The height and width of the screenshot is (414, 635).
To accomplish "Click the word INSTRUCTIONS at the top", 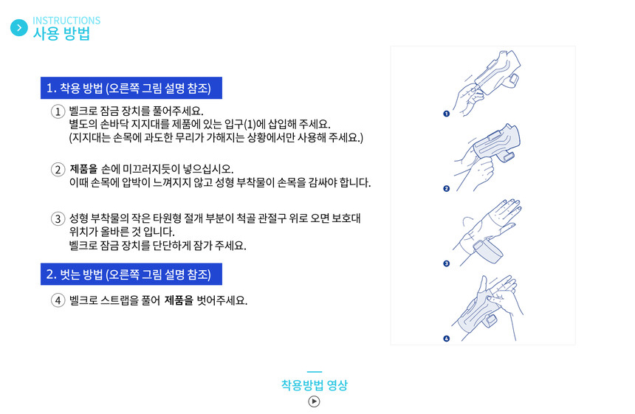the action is tap(66, 20).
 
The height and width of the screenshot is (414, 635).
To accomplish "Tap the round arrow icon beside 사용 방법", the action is tap(19, 28).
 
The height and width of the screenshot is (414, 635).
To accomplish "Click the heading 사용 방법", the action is tap(61, 34).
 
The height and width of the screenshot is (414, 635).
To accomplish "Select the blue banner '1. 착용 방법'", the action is tap(131, 88).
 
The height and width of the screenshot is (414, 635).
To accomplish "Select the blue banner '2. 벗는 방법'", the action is tap(131, 274).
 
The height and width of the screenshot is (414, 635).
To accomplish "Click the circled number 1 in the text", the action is tap(58, 111).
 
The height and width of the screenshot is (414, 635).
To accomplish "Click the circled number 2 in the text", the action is tap(58, 169).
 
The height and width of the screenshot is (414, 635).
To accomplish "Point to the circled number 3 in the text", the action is tap(58, 219).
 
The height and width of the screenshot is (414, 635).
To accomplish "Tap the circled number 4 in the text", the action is tap(58, 300).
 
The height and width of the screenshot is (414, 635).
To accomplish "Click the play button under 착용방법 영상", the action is tap(314, 401).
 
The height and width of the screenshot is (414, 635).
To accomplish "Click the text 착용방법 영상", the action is tap(315, 385).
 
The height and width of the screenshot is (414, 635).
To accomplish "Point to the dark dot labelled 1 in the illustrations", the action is tap(446, 114).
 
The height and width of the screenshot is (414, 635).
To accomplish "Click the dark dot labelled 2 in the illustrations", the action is tap(446, 189).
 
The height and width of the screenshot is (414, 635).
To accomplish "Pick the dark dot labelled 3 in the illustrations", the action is tap(446, 263).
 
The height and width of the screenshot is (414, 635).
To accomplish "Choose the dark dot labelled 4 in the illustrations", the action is tap(446, 338).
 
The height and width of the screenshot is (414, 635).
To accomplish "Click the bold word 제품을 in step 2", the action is tap(84, 169).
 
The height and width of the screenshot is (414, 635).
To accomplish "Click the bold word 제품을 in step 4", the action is tap(179, 300).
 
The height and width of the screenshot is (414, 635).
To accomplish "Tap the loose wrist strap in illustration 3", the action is tap(487, 251).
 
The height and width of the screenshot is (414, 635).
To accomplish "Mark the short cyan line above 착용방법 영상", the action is tap(315, 371).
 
